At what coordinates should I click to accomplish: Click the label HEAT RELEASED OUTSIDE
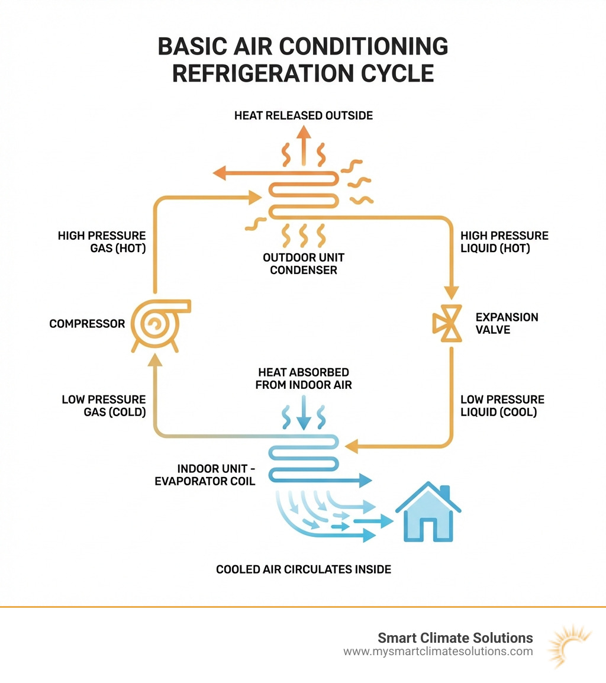(304, 115)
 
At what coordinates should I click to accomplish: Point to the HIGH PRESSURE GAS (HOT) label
(101, 242)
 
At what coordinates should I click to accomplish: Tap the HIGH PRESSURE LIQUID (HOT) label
(504, 242)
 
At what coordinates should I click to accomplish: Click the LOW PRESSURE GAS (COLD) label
(104, 406)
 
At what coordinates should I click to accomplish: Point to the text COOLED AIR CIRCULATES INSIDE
(304, 569)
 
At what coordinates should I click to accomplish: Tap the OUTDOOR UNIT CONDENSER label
(301, 264)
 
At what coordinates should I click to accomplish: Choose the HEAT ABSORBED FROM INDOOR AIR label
(303, 378)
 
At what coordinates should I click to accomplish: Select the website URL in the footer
(438, 652)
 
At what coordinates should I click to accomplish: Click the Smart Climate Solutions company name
(455, 637)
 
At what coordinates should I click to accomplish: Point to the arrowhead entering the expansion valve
(452, 293)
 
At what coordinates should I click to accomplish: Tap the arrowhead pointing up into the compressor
(154, 359)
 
